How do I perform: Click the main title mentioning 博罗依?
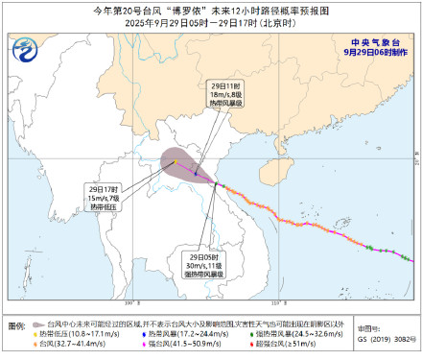pyautogui.click(x=211, y=9)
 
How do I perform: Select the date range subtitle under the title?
pyautogui.click(x=211, y=23)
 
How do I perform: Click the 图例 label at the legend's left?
pyautogui.click(x=17, y=326)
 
